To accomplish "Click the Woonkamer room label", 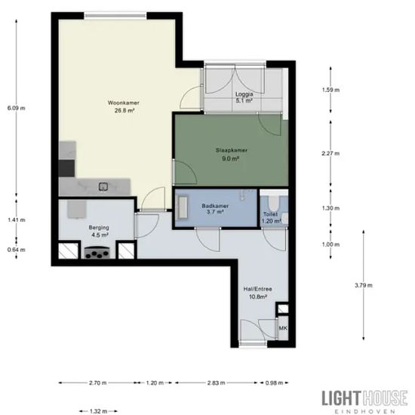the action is coord(124,106).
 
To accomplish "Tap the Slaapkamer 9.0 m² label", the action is coord(232,154).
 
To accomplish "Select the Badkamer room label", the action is coord(215,208).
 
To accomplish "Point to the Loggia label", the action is coord(244,97).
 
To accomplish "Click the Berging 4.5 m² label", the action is coord(99,231).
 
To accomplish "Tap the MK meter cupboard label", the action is coord(283,328).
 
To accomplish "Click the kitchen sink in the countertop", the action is coord(103,186).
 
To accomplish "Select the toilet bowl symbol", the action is coord(273,203).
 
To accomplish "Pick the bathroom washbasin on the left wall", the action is coord(183,207).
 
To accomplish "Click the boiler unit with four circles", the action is coord(97,252).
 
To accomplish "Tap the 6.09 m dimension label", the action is coord(17,108).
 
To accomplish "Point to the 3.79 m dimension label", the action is coord(364,285).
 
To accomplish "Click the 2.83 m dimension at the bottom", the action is coord(217,383).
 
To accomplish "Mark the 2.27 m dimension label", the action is coord(330,153).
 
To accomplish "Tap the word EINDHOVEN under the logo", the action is coord(364,411).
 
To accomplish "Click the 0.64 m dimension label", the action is coord(17,250).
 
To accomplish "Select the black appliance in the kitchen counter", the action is coord(66,168).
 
